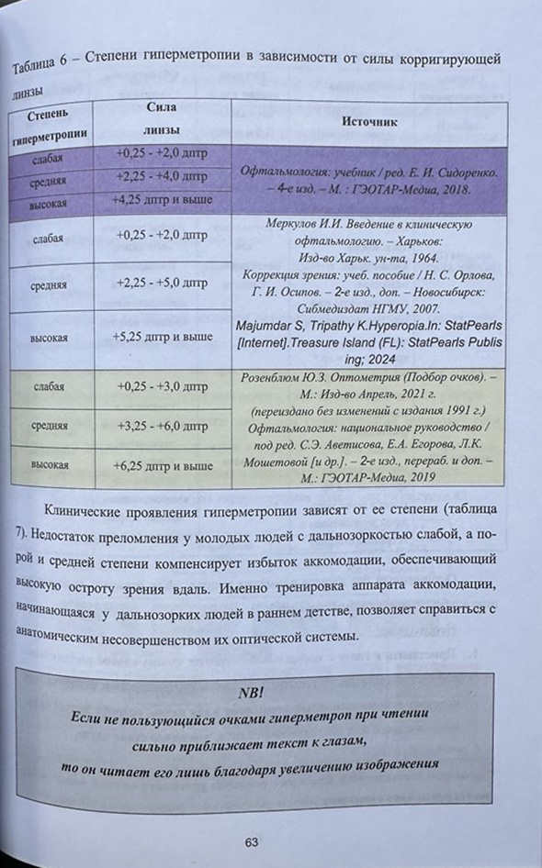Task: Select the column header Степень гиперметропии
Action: coord(51,127)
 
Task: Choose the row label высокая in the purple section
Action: coord(48,197)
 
